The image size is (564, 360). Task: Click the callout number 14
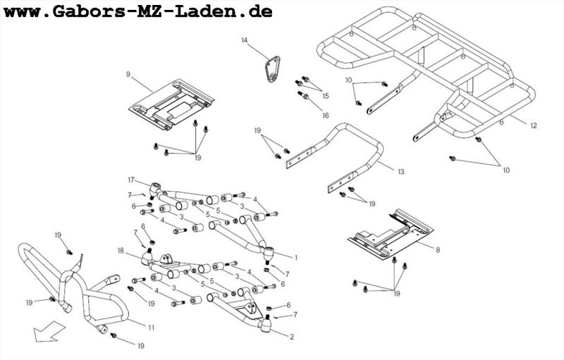point(245,41)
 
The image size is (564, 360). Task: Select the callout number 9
point(128,74)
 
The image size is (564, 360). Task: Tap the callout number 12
point(533,125)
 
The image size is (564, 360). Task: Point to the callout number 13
point(400,171)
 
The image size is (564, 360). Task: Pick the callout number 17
point(130,180)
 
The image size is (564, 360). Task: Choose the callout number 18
point(121,250)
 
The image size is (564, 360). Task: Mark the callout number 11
point(151,328)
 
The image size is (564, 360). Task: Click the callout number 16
point(325,115)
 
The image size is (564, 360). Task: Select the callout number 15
point(325,95)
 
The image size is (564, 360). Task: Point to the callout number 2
point(291,337)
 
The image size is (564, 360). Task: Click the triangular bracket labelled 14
point(270,70)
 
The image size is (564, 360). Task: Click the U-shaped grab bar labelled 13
point(352,151)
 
